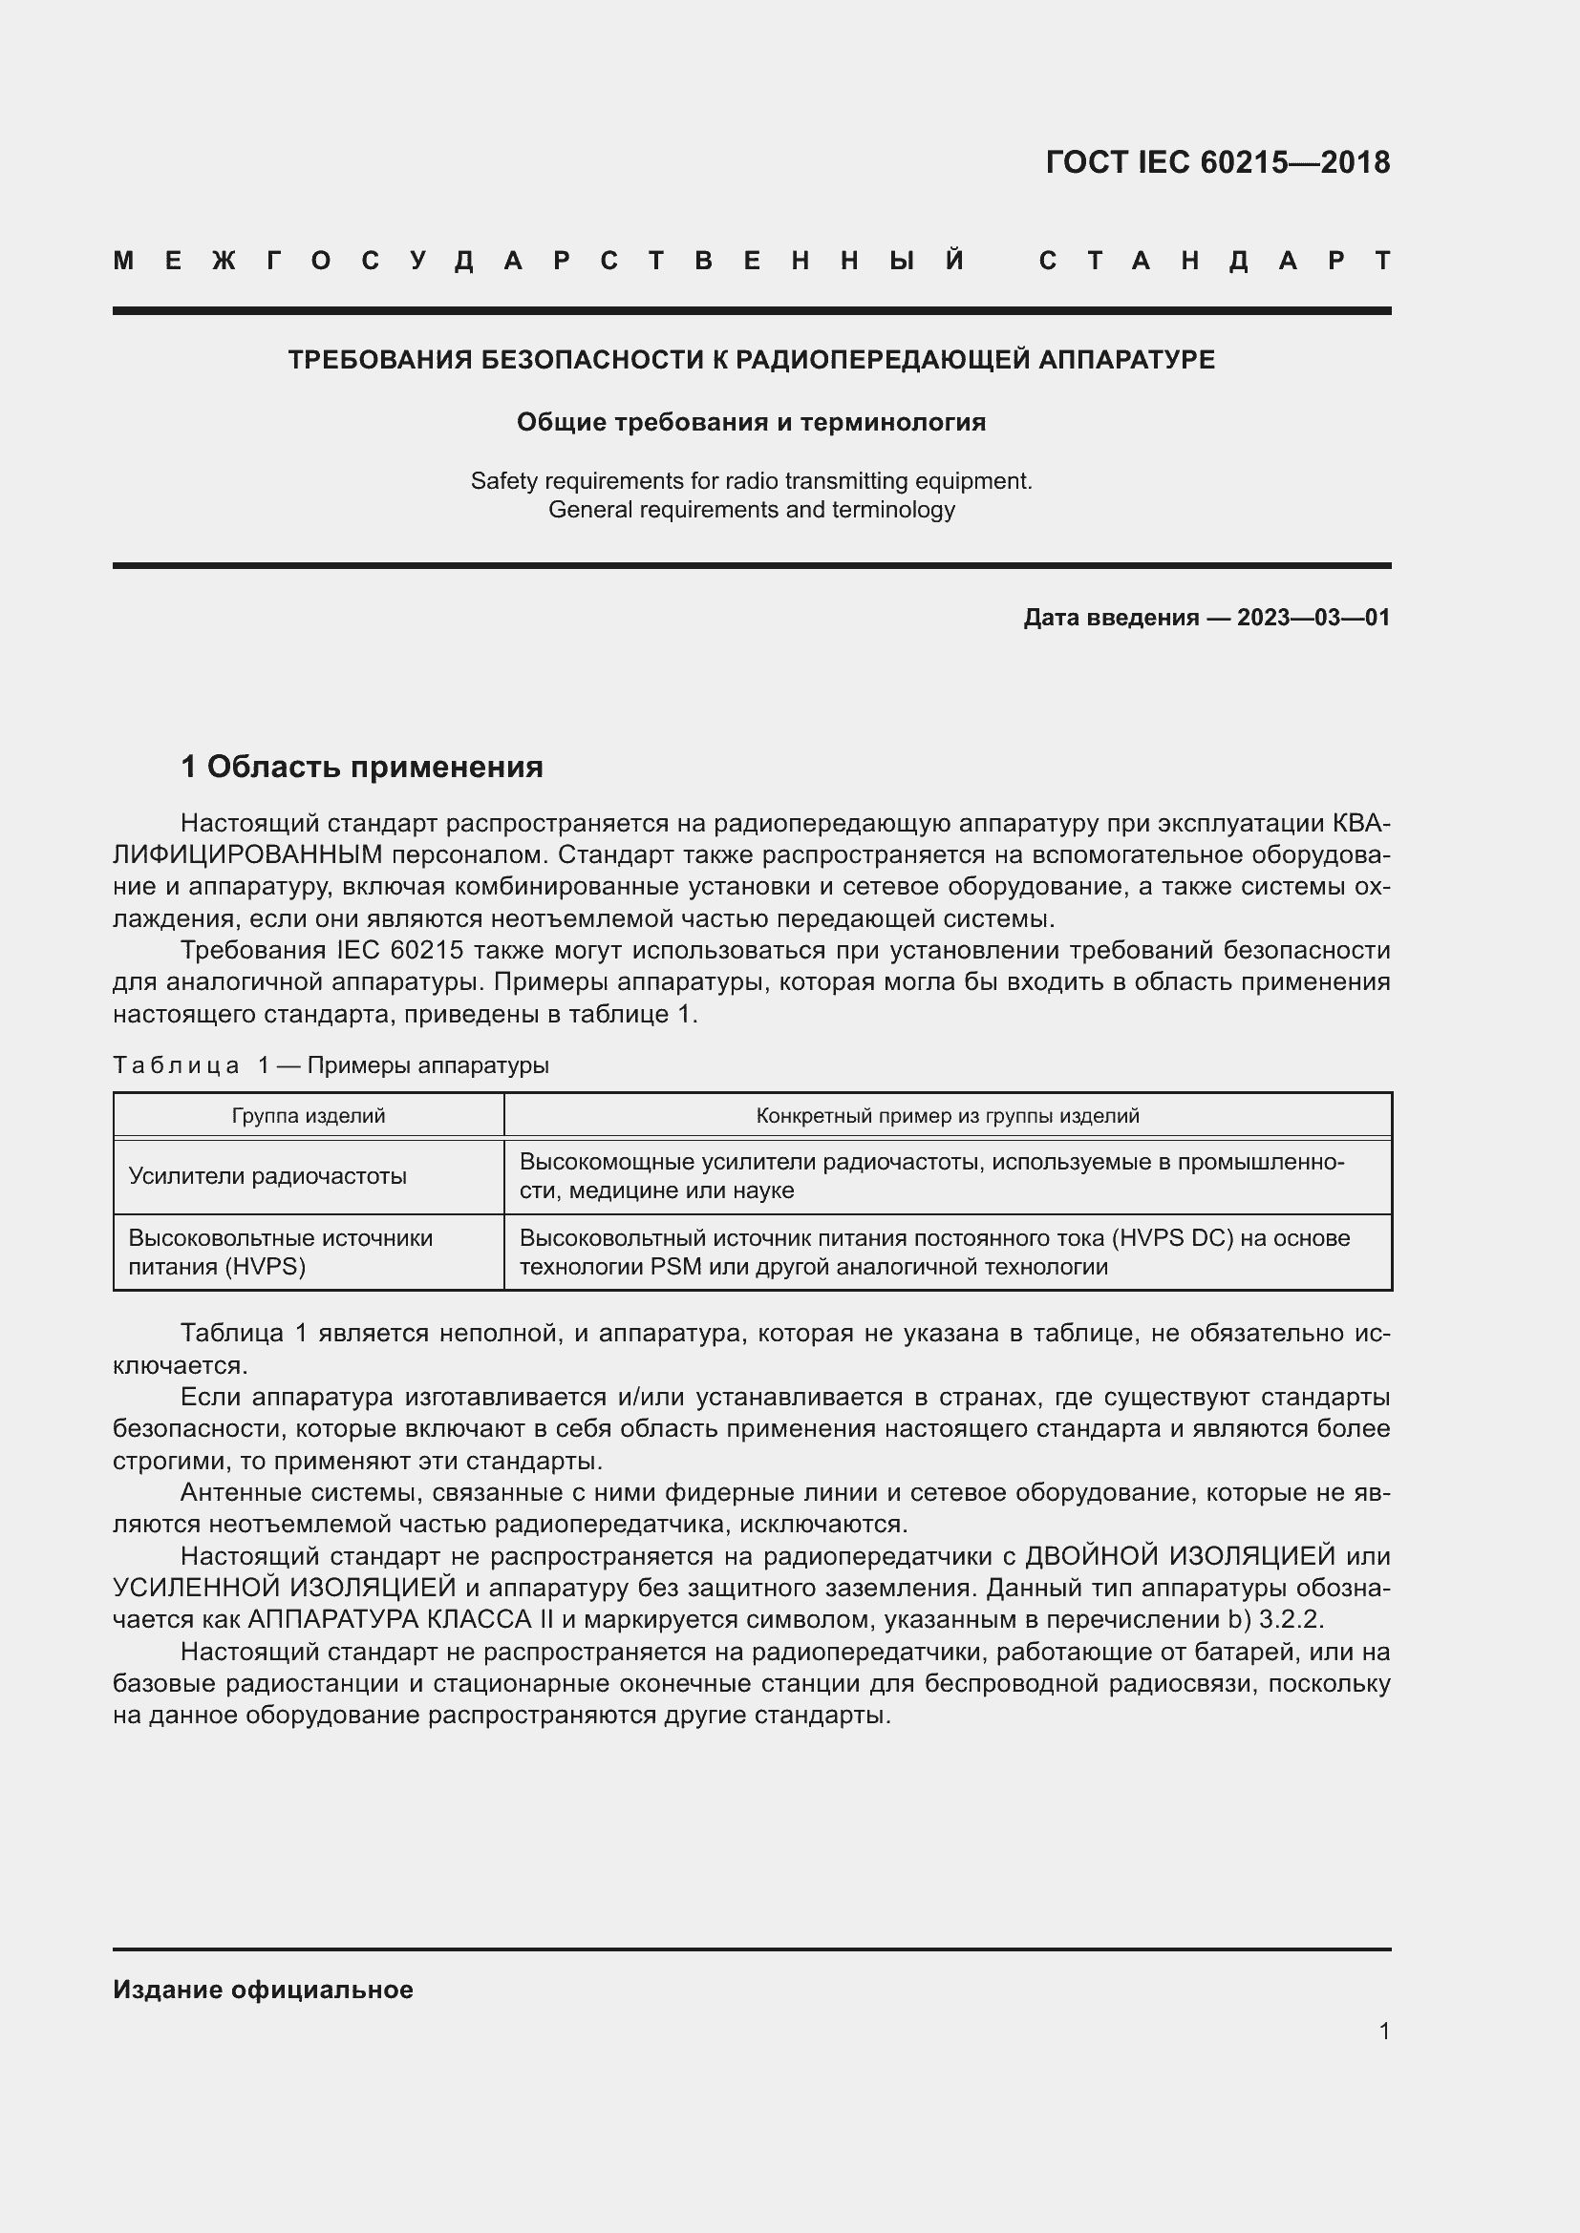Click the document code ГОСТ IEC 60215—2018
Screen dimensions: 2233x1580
click(1217, 162)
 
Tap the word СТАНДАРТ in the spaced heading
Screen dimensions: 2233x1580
click(1214, 261)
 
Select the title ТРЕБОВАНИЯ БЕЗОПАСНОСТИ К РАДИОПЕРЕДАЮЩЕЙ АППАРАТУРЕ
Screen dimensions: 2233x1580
click(751, 360)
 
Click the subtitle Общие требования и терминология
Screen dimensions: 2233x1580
click(751, 422)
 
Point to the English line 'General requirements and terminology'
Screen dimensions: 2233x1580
click(751, 510)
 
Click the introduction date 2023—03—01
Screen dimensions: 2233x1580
click(1313, 618)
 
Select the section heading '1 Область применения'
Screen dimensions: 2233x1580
click(362, 767)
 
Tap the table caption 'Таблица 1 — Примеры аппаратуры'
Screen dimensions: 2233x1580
click(331, 1065)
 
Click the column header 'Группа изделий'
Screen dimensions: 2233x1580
click(309, 1115)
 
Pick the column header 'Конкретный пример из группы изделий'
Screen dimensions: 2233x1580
click(947, 1115)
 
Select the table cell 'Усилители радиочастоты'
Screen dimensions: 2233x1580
click(267, 1176)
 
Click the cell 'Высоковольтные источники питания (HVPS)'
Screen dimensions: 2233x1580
click(280, 1252)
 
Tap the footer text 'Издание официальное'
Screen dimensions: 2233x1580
click(263, 1989)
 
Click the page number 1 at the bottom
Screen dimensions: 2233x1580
click(1383, 2031)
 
